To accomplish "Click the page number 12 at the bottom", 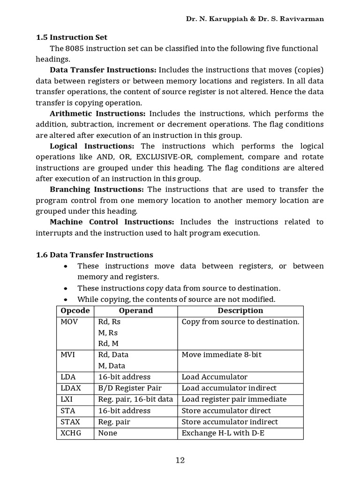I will coord(180,460).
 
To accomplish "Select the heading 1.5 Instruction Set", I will coord(72,37).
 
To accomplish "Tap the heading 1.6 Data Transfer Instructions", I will coord(94,255).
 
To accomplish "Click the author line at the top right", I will coord(255,19).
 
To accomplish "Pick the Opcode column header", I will coord(75,311).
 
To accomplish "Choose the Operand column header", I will coord(136,311).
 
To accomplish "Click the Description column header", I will coord(240,311).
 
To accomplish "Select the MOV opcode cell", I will coord(69,322).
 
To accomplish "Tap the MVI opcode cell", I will coord(68,355).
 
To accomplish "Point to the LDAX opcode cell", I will coord(70,388).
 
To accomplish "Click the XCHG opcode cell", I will coord(71,433).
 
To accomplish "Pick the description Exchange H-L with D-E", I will coord(223,433).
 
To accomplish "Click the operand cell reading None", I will coord(108,433).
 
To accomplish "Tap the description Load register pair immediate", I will coord(234,399).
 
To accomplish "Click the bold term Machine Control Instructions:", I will coord(112,222).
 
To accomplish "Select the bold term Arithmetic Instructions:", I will coord(97,113).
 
